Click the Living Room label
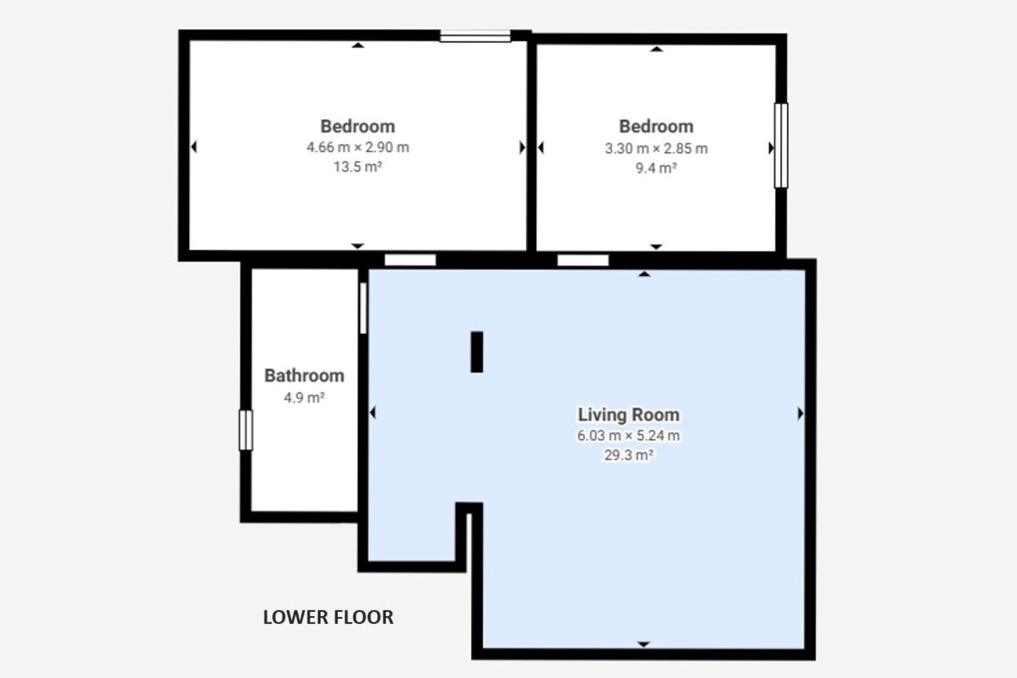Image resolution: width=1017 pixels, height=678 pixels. point(629,415)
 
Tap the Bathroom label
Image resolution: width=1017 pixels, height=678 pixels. point(304,376)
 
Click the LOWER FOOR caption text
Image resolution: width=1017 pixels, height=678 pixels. point(328,617)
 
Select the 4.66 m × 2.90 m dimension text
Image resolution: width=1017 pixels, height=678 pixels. point(358,147)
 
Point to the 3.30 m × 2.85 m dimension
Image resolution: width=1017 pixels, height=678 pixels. point(656,148)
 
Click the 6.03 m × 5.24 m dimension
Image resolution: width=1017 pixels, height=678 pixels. point(629,435)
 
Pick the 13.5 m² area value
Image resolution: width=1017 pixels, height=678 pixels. point(358,167)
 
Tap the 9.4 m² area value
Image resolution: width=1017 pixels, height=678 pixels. point(656,168)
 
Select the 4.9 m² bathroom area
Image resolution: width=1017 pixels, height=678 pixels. point(304,397)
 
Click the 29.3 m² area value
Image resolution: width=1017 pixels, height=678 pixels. point(629,455)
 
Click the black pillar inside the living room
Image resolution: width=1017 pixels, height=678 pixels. point(477,352)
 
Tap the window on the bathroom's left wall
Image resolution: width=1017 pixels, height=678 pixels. point(246,430)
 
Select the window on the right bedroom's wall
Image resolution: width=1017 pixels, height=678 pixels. point(781,145)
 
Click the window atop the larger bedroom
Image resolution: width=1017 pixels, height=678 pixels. point(475,36)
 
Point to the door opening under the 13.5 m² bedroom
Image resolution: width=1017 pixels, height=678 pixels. point(410,260)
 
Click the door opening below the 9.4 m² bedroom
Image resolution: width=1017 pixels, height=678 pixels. point(583,260)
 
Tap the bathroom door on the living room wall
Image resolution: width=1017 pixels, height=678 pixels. point(363,308)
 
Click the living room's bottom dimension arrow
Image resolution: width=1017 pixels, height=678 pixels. point(644,645)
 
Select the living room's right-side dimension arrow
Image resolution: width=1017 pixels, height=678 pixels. point(801,413)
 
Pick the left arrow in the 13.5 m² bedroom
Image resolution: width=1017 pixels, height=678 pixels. point(194,147)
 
